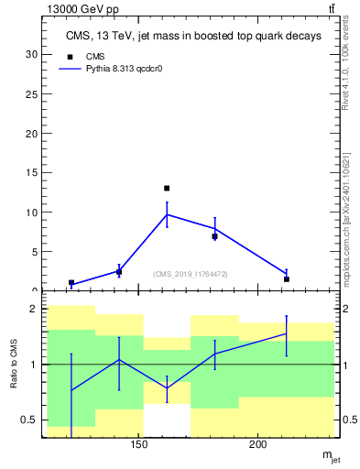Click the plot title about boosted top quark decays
click(x=193, y=37)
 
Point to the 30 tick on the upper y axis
click(x=31, y=54)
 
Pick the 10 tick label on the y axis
click(x=31, y=213)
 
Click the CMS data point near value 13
click(x=167, y=188)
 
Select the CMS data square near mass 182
click(x=214, y=236)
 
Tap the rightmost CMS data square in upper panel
click(x=287, y=279)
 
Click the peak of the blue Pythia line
click(x=167, y=214)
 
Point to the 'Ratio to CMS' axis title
click(x=15, y=364)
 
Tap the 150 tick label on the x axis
click(x=138, y=445)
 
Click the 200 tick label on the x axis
click(x=258, y=445)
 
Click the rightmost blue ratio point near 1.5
click(x=287, y=333)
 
